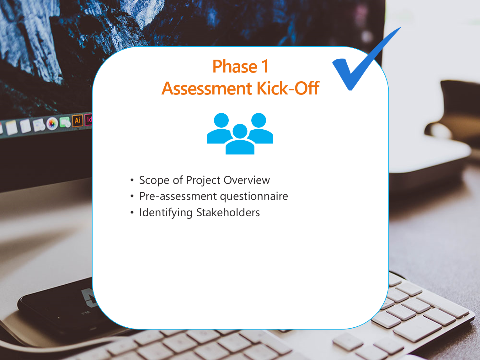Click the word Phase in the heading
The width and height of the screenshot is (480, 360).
[235, 67]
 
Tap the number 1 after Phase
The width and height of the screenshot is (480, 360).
[265, 67]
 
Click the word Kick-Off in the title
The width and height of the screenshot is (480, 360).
[288, 89]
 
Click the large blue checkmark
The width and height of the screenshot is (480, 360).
[361, 66]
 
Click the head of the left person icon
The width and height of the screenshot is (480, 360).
[221, 121]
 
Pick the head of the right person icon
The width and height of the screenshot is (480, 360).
[259, 121]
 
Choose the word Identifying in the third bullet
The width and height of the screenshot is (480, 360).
[166, 213]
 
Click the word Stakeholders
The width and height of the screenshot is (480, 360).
[228, 212]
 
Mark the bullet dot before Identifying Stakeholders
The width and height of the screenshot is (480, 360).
[132, 212]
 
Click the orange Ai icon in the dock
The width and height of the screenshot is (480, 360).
[77, 121]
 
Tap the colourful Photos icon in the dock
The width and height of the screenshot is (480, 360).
[52, 123]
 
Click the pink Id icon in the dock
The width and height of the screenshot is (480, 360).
[89, 120]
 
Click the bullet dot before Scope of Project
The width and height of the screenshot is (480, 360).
[132, 180]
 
